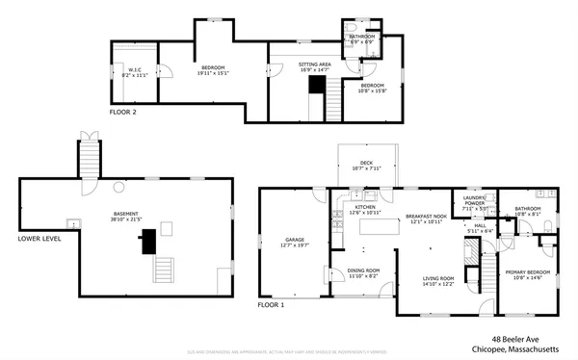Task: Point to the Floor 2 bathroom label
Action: (361, 39)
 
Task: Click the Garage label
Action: (294, 242)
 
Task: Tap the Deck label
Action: (366, 165)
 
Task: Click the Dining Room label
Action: (363, 272)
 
